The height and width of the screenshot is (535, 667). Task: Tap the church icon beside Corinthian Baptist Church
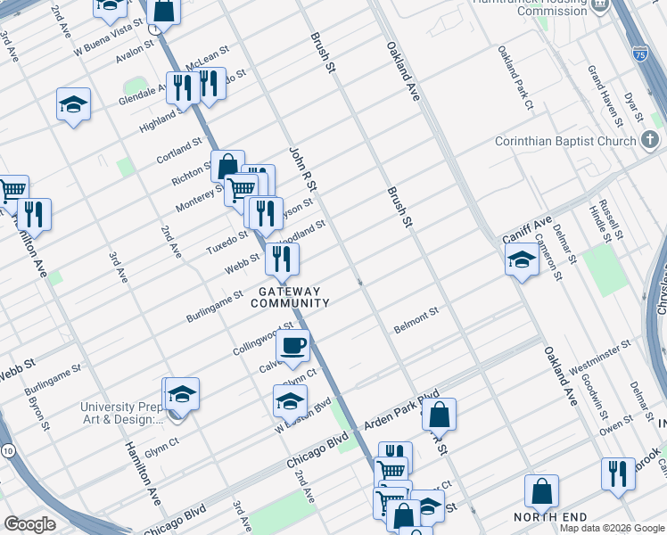650,140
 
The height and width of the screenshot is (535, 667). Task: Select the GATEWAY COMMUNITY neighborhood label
290,297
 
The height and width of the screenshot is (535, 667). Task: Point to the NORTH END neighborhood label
551,517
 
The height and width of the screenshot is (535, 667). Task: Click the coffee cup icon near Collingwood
292,346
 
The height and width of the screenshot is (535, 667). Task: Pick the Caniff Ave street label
528,230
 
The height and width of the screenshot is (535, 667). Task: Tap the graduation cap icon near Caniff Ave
522,259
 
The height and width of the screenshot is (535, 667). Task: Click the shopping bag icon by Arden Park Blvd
440,415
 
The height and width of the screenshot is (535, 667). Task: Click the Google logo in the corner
30,524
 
